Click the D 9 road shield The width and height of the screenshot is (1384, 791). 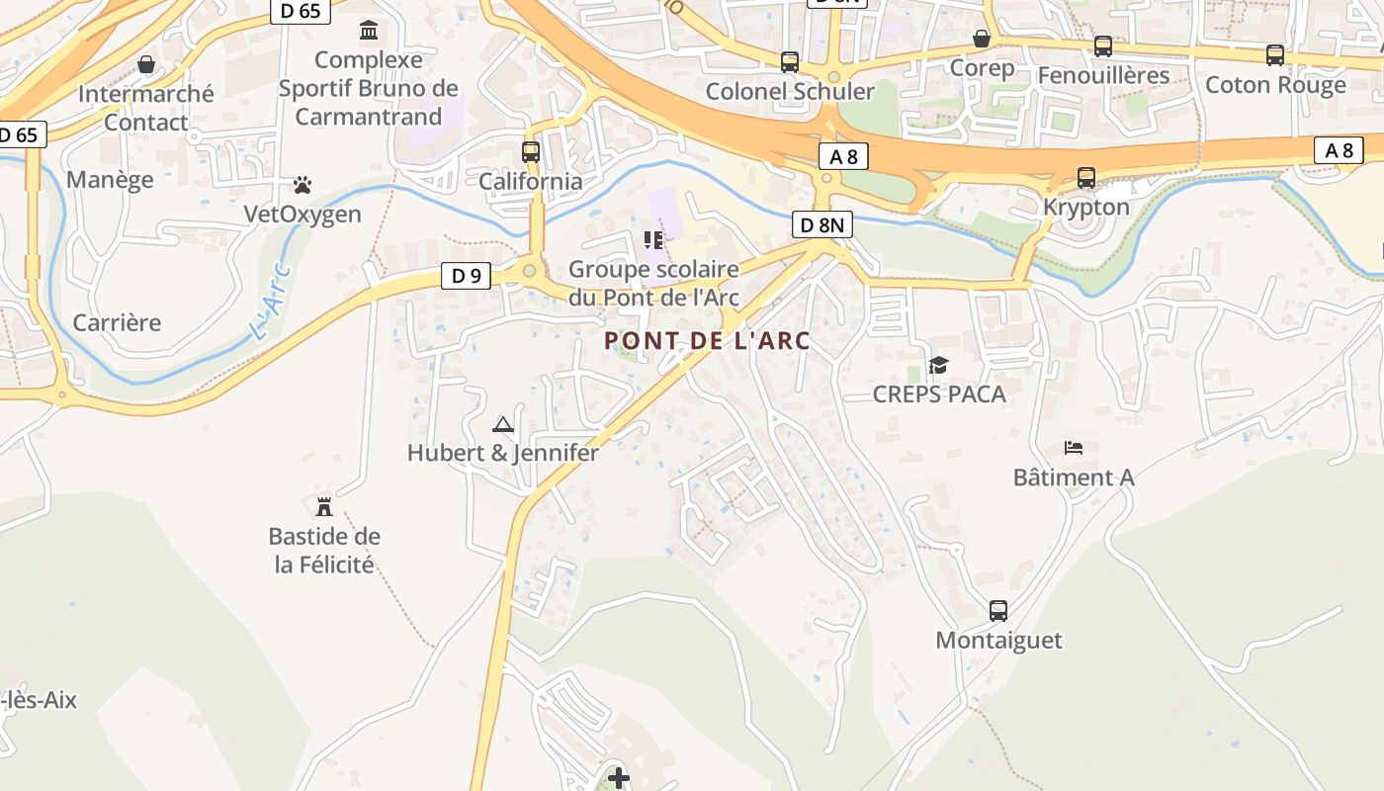pyautogui.click(x=466, y=276)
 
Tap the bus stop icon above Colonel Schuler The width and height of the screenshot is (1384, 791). pyautogui.click(x=789, y=62)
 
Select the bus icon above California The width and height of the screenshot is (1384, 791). pyautogui.click(x=531, y=152)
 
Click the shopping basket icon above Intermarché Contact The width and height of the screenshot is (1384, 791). pyautogui.click(x=146, y=65)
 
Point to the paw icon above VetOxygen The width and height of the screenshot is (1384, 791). pyautogui.click(x=303, y=185)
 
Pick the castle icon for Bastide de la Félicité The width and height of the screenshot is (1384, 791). pyautogui.click(x=323, y=507)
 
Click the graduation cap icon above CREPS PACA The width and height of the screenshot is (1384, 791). pyautogui.click(x=938, y=366)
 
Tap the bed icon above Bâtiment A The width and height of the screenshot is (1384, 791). pyautogui.click(x=1074, y=448)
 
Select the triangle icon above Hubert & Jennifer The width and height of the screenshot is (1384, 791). pyautogui.click(x=503, y=425)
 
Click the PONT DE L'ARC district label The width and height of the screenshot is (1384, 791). pyautogui.click(x=707, y=341)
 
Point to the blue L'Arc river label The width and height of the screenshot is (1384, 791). pyautogui.click(x=270, y=302)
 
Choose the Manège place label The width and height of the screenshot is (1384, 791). pyautogui.click(x=110, y=180)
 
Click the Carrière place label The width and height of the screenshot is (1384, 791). pyautogui.click(x=117, y=323)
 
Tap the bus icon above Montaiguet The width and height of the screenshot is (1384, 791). pyautogui.click(x=998, y=611)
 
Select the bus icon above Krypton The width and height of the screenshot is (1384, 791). pyautogui.click(x=1086, y=178)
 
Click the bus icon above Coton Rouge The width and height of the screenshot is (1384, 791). pyautogui.click(x=1275, y=55)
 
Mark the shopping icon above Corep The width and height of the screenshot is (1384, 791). pyautogui.click(x=982, y=39)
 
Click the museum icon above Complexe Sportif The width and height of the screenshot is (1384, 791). pyautogui.click(x=369, y=31)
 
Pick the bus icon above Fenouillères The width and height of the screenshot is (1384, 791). pyautogui.click(x=1103, y=46)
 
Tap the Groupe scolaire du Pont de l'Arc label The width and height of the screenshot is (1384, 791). pyautogui.click(x=653, y=283)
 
